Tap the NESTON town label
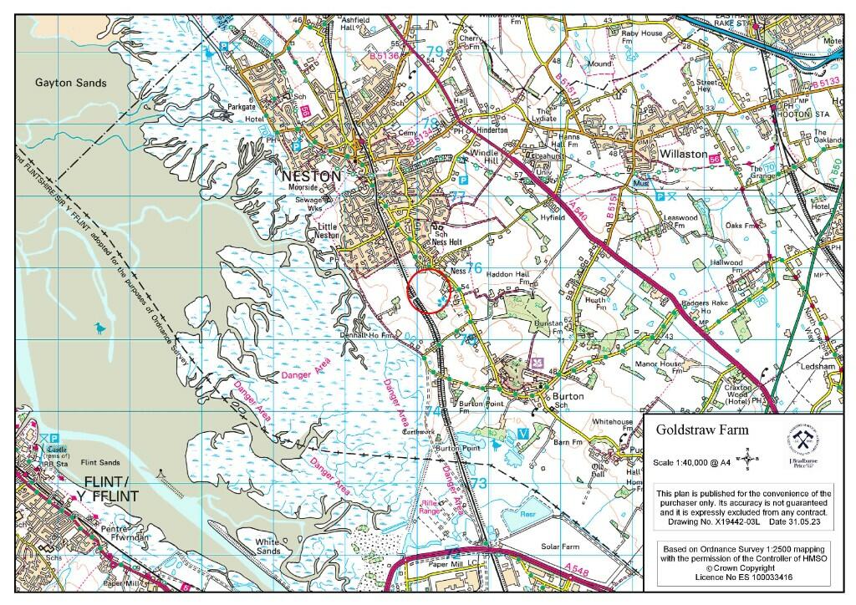click(312, 176)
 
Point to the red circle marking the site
click(430, 290)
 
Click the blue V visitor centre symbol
click(522, 433)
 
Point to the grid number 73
click(478, 484)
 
